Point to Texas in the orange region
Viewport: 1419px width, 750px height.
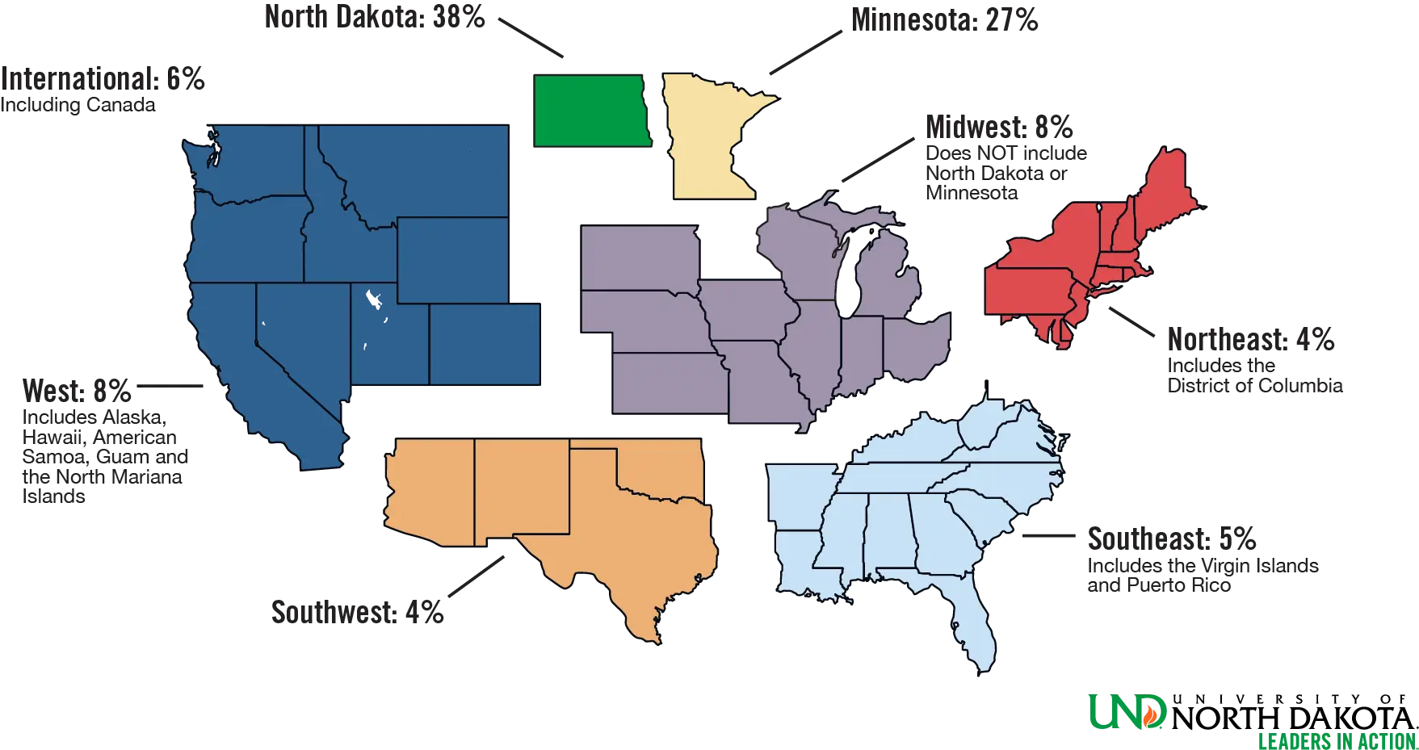tap(638, 549)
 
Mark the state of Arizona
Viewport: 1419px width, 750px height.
tap(428, 492)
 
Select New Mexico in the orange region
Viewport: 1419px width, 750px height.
tap(521, 488)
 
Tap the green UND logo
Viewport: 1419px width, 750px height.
tap(1127, 710)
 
